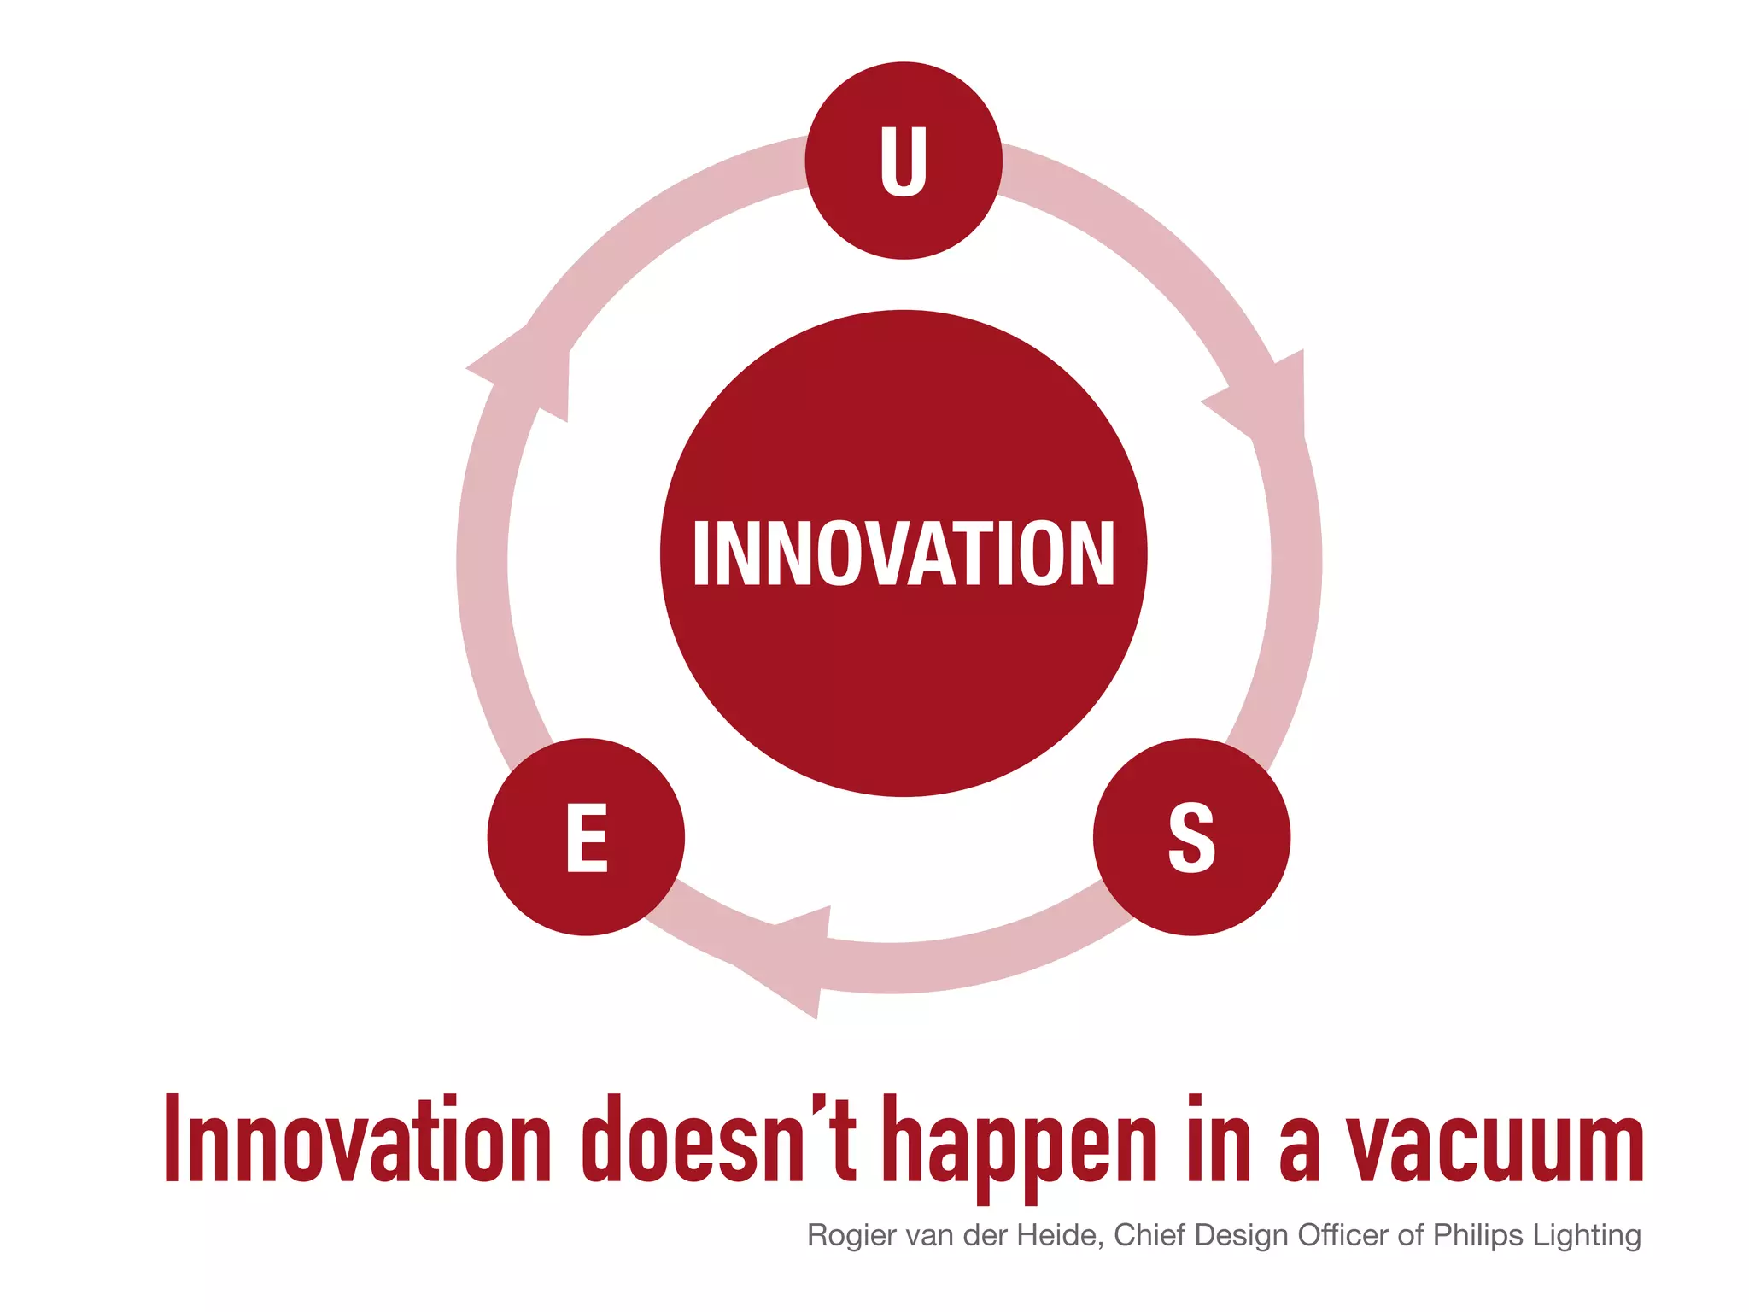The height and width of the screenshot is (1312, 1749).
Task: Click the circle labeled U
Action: [904, 161]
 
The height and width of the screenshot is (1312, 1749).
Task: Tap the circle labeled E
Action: [586, 837]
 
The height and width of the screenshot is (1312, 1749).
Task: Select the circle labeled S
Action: [1191, 837]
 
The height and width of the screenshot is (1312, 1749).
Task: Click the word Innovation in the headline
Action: [359, 1140]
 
